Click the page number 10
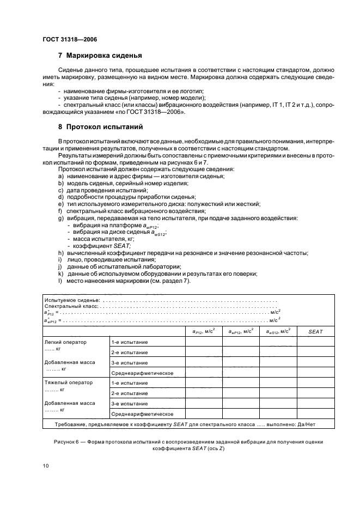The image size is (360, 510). click(x=45, y=465)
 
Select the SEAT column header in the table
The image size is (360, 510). click(x=316, y=331)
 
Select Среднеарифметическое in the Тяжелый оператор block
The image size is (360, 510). click(x=142, y=413)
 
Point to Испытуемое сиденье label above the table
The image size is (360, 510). click(x=72, y=300)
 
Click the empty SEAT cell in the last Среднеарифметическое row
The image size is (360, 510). click(x=316, y=413)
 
